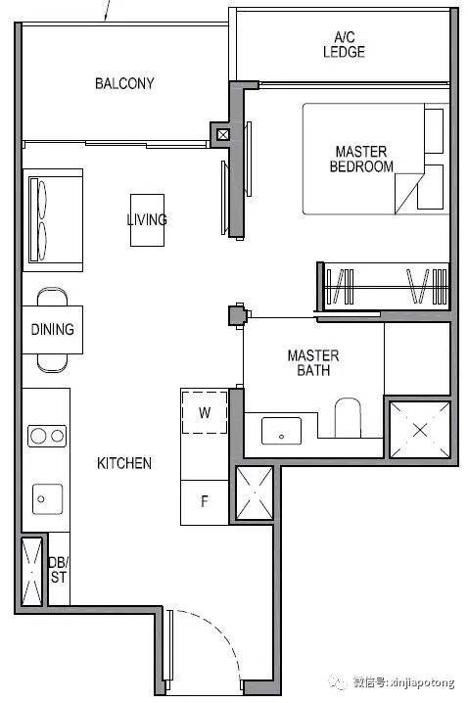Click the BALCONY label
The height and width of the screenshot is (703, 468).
point(124,83)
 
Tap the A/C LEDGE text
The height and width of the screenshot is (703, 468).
point(344,44)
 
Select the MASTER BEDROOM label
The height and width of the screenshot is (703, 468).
point(361,159)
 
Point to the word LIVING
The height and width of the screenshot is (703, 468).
point(147,219)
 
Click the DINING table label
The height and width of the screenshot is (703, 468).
point(53,330)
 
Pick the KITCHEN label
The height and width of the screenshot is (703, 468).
point(124,463)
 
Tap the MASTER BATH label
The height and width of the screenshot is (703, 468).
point(313,362)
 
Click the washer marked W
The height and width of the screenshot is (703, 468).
point(205,412)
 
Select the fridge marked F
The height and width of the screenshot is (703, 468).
point(205,501)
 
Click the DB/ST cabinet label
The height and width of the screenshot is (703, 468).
point(59,570)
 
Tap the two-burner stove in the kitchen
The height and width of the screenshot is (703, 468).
point(47,436)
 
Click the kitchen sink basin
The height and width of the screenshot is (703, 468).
point(47,499)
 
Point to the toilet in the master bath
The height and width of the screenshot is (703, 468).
point(348,417)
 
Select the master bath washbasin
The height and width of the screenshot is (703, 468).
point(282,431)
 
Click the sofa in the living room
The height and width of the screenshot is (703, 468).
point(53,220)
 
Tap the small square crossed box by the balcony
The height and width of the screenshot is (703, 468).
point(223,134)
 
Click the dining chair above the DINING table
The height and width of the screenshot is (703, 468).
point(53,297)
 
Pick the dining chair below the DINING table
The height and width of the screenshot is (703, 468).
point(53,362)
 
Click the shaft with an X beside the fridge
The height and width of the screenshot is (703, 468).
point(255,493)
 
